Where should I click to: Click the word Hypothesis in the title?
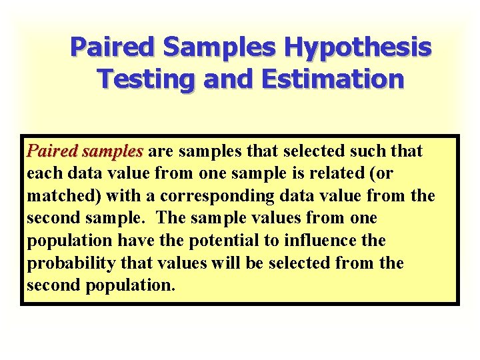click(x=359, y=48)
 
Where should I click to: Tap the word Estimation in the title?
click(x=333, y=79)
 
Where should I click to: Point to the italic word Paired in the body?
click(x=51, y=152)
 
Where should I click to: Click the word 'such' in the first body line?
click(x=362, y=151)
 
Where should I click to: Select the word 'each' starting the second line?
click(x=43, y=174)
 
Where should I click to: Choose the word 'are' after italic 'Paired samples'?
click(x=161, y=152)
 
